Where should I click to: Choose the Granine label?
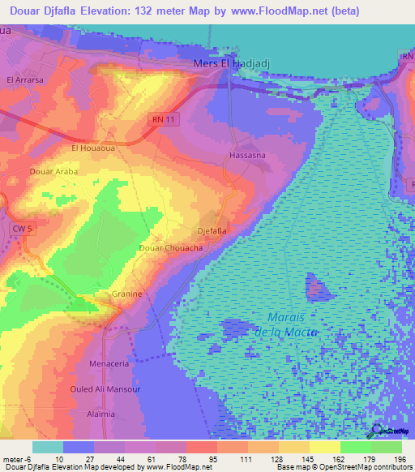pos(127,294)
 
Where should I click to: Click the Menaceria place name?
pos(109,364)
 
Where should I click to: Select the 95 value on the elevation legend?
pos(191,459)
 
